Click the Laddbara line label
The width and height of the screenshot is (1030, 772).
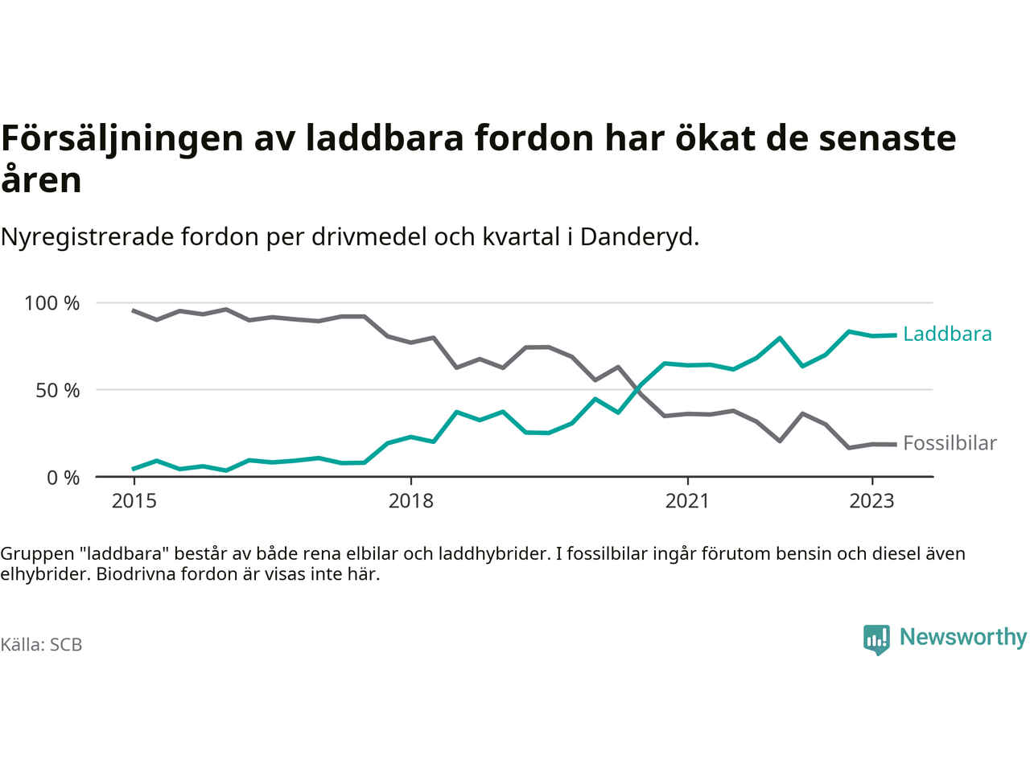click(x=947, y=334)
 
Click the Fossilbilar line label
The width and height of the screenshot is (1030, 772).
click(x=950, y=443)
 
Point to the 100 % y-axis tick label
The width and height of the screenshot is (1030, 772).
click(x=52, y=303)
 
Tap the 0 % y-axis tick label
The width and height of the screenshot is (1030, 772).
click(x=64, y=478)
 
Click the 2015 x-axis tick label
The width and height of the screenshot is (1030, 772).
click(x=134, y=501)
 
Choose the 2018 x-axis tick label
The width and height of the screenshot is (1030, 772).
click(x=410, y=501)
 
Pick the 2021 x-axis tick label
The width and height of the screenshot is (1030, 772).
click(x=687, y=501)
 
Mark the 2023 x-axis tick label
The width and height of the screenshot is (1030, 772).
click(x=871, y=501)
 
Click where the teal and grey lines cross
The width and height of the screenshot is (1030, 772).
click(x=638, y=389)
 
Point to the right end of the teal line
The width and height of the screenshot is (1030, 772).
click(x=896, y=335)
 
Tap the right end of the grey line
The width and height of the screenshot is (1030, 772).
click(x=896, y=445)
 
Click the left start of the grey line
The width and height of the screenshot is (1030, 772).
click(x=134, y=310)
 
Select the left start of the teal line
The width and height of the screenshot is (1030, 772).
click(x=134, y=469)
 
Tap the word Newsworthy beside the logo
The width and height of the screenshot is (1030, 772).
click(x=962, y=637)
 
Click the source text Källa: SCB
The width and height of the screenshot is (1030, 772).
click(x=41, y=645)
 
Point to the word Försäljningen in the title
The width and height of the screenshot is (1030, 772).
click(x=122, y=138)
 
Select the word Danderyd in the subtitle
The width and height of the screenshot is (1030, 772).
click(x=638, y=237)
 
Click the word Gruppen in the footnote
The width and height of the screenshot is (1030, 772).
click(x=35, y=553)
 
